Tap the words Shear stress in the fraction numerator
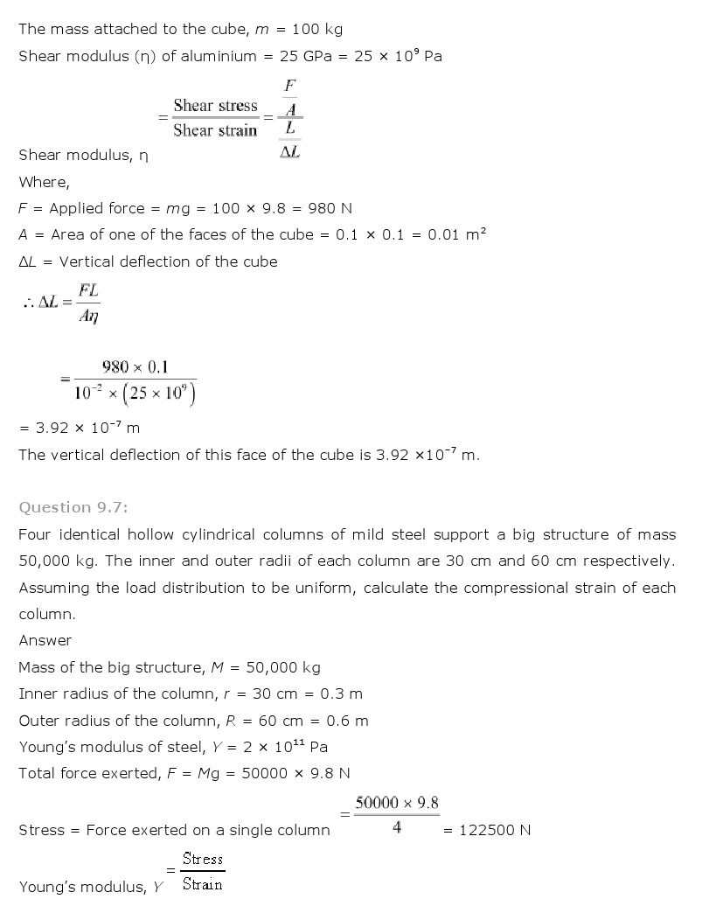click(x=215, y=106)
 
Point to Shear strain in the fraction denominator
click(x=215, y=130)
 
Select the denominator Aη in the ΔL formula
click(x=88, y=317)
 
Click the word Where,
click(x=44, y=182)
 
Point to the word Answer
click(x=45, y=640)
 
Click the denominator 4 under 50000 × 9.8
click(x=397, y=826)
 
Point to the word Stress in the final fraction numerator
click(x=203, y=859)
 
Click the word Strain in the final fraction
click(x=203, y=884)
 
